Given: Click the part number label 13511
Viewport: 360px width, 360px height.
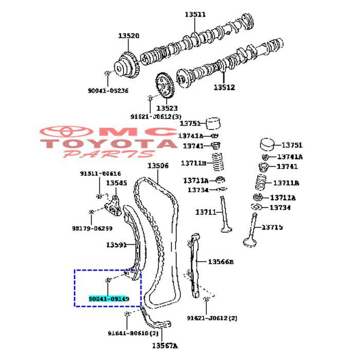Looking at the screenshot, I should (195, 14).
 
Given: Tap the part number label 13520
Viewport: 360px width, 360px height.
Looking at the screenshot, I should (129, 35).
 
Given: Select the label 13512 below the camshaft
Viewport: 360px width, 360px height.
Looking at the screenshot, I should (224, 87).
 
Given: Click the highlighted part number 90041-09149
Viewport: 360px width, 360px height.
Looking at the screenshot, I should (109, 298).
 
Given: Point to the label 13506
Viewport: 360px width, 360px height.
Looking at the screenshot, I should (158, 166).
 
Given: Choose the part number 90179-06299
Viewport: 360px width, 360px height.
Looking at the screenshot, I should (93, 228).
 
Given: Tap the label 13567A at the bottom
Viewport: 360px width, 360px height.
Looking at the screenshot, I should (164, 346).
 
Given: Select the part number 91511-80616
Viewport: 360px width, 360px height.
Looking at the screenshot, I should (100, 174).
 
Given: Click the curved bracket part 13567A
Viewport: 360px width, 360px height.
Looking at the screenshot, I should (154, 322).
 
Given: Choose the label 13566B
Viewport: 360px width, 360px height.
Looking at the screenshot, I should (221, 262).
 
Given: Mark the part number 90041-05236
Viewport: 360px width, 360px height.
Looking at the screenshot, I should (107, 91).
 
